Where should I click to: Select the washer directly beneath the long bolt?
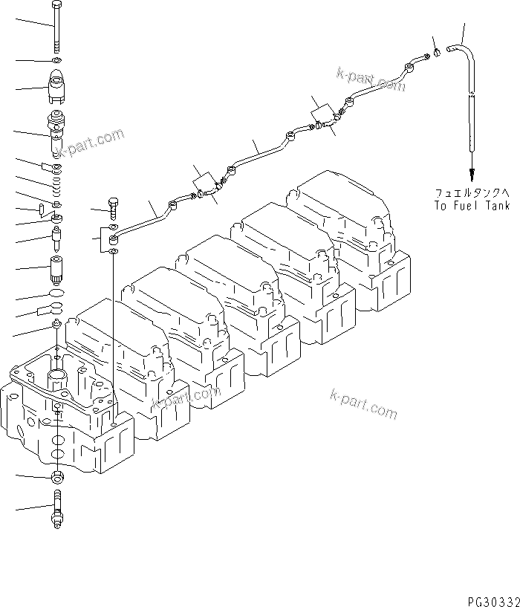pyautogui.click(x=57, y=60)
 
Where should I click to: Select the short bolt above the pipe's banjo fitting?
pyautogui.click(x=113, y=206)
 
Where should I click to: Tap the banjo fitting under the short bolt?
pyautogui.click(x=113, y=239)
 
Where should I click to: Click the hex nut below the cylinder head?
pyautogui.click(x=57, y=475)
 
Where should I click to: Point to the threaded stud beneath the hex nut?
pyautogui.click(x=57, y=508)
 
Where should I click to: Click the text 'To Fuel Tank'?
pyautogui.click(x=472, y=205)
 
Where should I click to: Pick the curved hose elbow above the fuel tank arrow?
pyautogui.click(x=464, y=59)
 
